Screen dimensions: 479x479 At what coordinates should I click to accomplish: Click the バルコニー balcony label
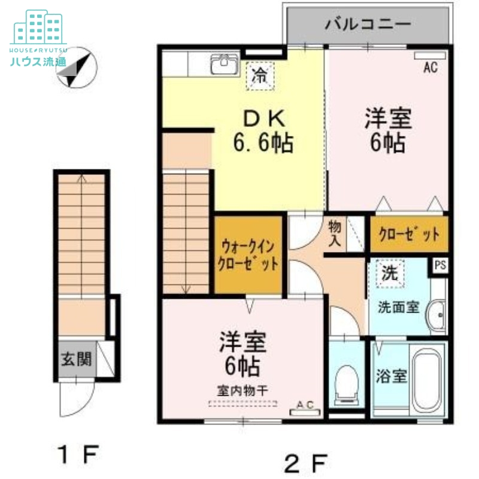click(x=368, y=25)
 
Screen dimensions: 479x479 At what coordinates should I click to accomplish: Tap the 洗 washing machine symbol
click(x=390, y=275)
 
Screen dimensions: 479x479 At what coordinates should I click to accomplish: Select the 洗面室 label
click(x=398, y=307)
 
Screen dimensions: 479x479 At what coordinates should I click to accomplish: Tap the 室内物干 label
click(x=242, y=390)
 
